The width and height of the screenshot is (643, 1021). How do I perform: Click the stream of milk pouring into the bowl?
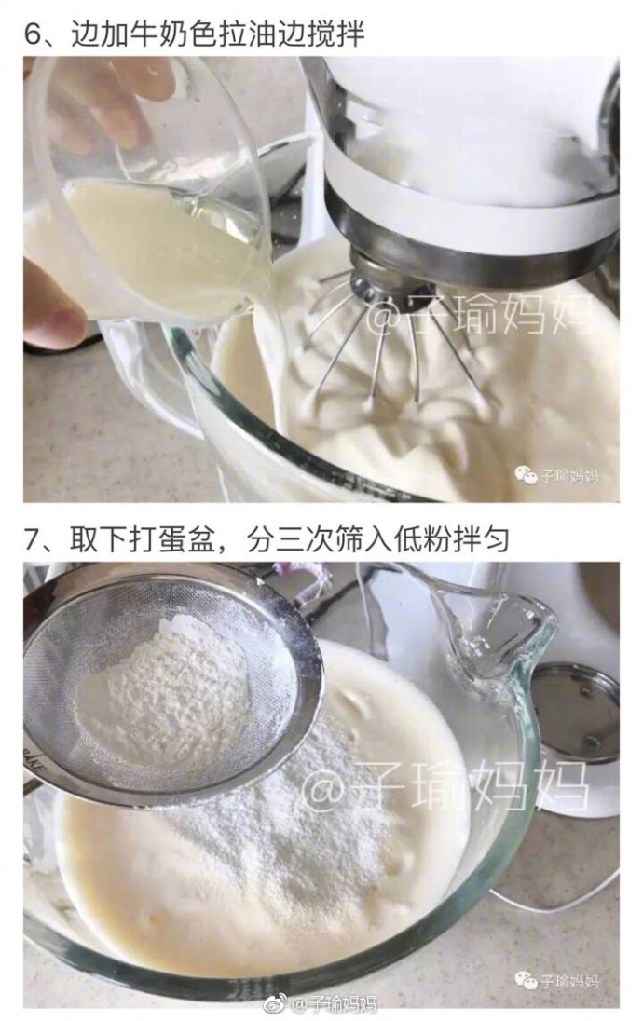pyautogui.click(x=261, y=364)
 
